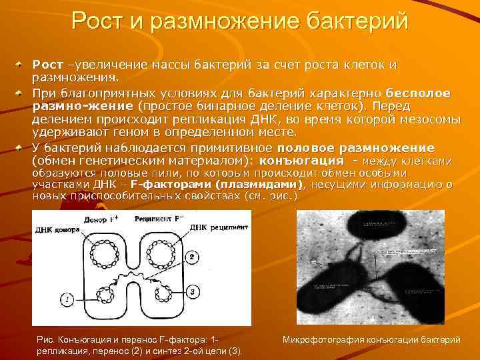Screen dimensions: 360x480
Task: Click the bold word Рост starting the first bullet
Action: point(47,65)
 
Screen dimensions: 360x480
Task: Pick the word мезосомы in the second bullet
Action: point(430,119)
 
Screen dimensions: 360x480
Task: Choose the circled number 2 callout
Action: point(192,257)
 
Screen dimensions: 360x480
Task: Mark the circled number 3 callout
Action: point(192,292)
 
